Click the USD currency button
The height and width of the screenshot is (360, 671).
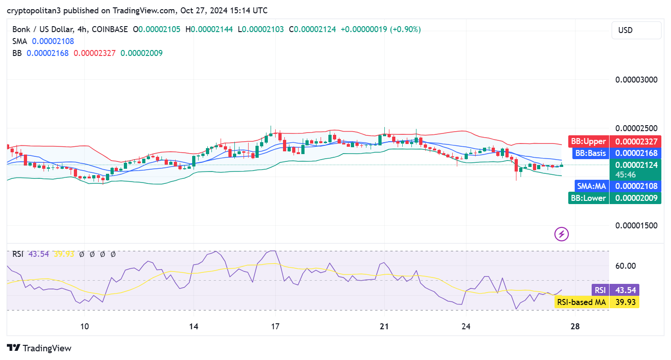tap(636, 30)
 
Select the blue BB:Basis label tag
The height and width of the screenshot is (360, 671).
tap(590, 153)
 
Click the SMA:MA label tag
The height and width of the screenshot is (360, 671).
tap(592, 186)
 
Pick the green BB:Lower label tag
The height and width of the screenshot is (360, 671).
tap(588, 198)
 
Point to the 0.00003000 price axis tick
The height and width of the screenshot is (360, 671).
tap(636, 79)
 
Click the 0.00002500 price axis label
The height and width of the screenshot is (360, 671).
tap(636, 128)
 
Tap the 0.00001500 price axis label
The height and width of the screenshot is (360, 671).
tap(636, 225)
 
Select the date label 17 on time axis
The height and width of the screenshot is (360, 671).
tap(275, 327)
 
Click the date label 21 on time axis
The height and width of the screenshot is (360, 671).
tap(384, 327)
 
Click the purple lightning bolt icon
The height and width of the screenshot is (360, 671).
tap(562, 234)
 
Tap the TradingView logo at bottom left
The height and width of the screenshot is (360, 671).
tap(39, 348)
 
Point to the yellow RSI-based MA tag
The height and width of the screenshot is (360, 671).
tap(581, 302)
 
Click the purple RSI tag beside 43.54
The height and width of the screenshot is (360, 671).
tap(600, 290)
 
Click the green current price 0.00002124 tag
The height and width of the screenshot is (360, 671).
tap(635, 165)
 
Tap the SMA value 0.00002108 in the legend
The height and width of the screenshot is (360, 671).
tap(53, 41)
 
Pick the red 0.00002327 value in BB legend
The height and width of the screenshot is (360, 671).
tap(94, 53)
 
